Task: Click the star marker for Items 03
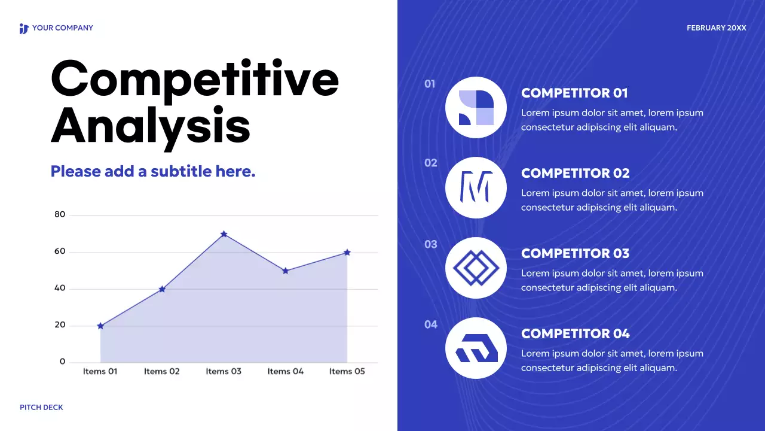click(x=224, y=234)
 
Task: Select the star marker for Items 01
click(x=100, y=326)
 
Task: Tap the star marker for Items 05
click(x=347, y=253)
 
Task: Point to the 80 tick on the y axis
click(x=60, y=214)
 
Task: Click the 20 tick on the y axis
click(x=60, y=325)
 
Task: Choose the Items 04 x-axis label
click(x=286, y=371)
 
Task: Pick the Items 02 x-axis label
click(x=162, y=371)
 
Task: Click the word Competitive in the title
click(x=195, y=79)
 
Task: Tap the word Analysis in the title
click(x=151, y=126)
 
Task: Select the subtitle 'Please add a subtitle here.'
click(x=153, y=171)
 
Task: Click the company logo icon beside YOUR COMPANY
click(x=24, y=28)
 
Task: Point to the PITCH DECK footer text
click(x=41, y=407)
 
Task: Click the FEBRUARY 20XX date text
click(x=716, y=28)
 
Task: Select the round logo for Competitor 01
click(x=476, y=108)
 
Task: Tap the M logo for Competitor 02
click(x=476, y=188)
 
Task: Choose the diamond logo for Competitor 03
click(x=476, y=268)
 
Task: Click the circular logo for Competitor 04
click(x=476, y=348)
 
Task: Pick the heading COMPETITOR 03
click(x=575, y=253)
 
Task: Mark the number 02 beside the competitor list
click(x=431, y=163)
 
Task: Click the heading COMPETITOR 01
click(x=574, y=93)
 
